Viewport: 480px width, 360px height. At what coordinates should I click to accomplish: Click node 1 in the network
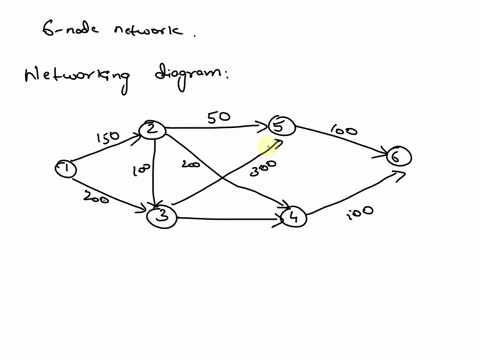(66, 169)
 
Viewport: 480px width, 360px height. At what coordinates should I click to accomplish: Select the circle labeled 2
(152, 130)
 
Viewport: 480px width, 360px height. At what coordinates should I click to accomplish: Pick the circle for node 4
(292, 215)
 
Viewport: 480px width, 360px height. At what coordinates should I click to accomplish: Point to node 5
(281, 126)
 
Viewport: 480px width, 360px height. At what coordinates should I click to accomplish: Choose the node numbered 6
(399, 156)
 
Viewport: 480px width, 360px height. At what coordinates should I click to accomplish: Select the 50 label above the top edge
(219, 117)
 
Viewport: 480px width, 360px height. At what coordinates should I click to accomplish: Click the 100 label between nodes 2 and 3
(139, 171)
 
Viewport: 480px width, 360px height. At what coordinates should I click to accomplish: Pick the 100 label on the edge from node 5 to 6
(344, 131)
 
